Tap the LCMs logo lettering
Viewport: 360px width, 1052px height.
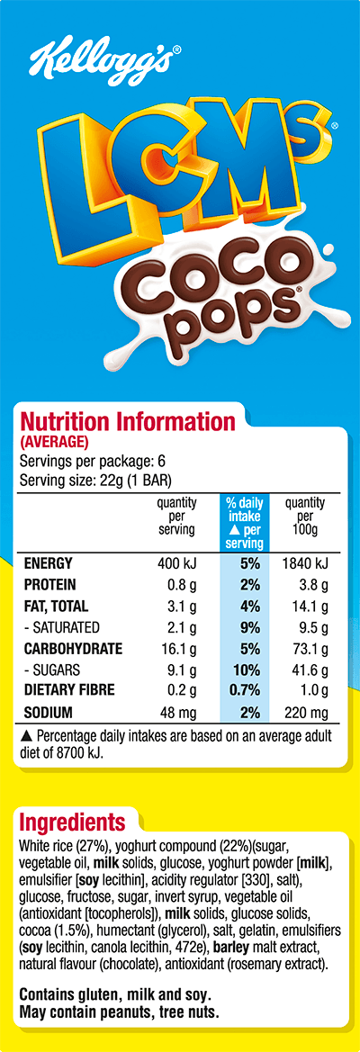(x=184, y=166)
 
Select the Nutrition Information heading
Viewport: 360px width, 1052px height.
(x=127, y=422)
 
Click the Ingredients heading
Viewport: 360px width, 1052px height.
(x=72, y=823)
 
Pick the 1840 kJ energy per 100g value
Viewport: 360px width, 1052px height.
(x=306, y=563)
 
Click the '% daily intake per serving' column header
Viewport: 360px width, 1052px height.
(x=244, y=523)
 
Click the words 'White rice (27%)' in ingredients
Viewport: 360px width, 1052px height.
(x=59, y=847)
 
